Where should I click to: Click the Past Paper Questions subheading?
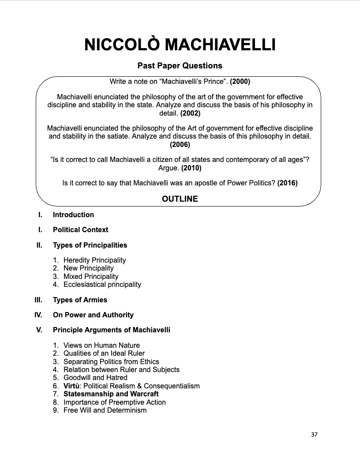(180, 66)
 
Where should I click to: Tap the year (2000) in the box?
(240, 82)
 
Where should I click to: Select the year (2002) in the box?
(190, 113)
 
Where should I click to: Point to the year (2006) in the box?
(180, 144)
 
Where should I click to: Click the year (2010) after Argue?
(191, 168)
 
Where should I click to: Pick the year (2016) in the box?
(287, 183)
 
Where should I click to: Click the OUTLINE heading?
(180, 199)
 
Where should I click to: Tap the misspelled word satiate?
(117, 136)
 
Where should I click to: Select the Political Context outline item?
(80, 229)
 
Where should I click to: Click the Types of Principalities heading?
(90, 245)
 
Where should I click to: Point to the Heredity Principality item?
(94, 260)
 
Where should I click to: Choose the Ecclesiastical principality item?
(102, 284)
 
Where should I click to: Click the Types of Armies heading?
(80, 300)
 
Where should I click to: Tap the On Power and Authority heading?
(93, 315)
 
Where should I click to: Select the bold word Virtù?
(71, 386)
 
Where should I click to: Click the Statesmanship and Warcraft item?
(111, 394)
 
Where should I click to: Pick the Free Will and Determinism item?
(105, 410)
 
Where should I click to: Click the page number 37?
(314, 434)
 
